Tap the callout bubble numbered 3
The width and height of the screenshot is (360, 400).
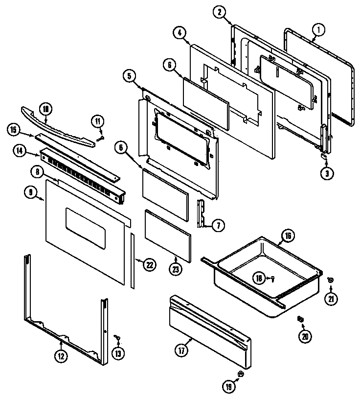pos(326,172)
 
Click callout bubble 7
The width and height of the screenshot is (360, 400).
pos(218,225)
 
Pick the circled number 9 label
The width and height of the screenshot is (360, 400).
pos(31,193)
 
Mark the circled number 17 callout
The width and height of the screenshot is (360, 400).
pos(180,350)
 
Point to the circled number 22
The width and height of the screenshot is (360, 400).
pos(149,264)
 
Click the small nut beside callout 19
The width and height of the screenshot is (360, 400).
pos(241,375)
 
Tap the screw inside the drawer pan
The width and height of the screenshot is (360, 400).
pos(272,279)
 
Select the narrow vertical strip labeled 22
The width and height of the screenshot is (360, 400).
pos(132,262)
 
